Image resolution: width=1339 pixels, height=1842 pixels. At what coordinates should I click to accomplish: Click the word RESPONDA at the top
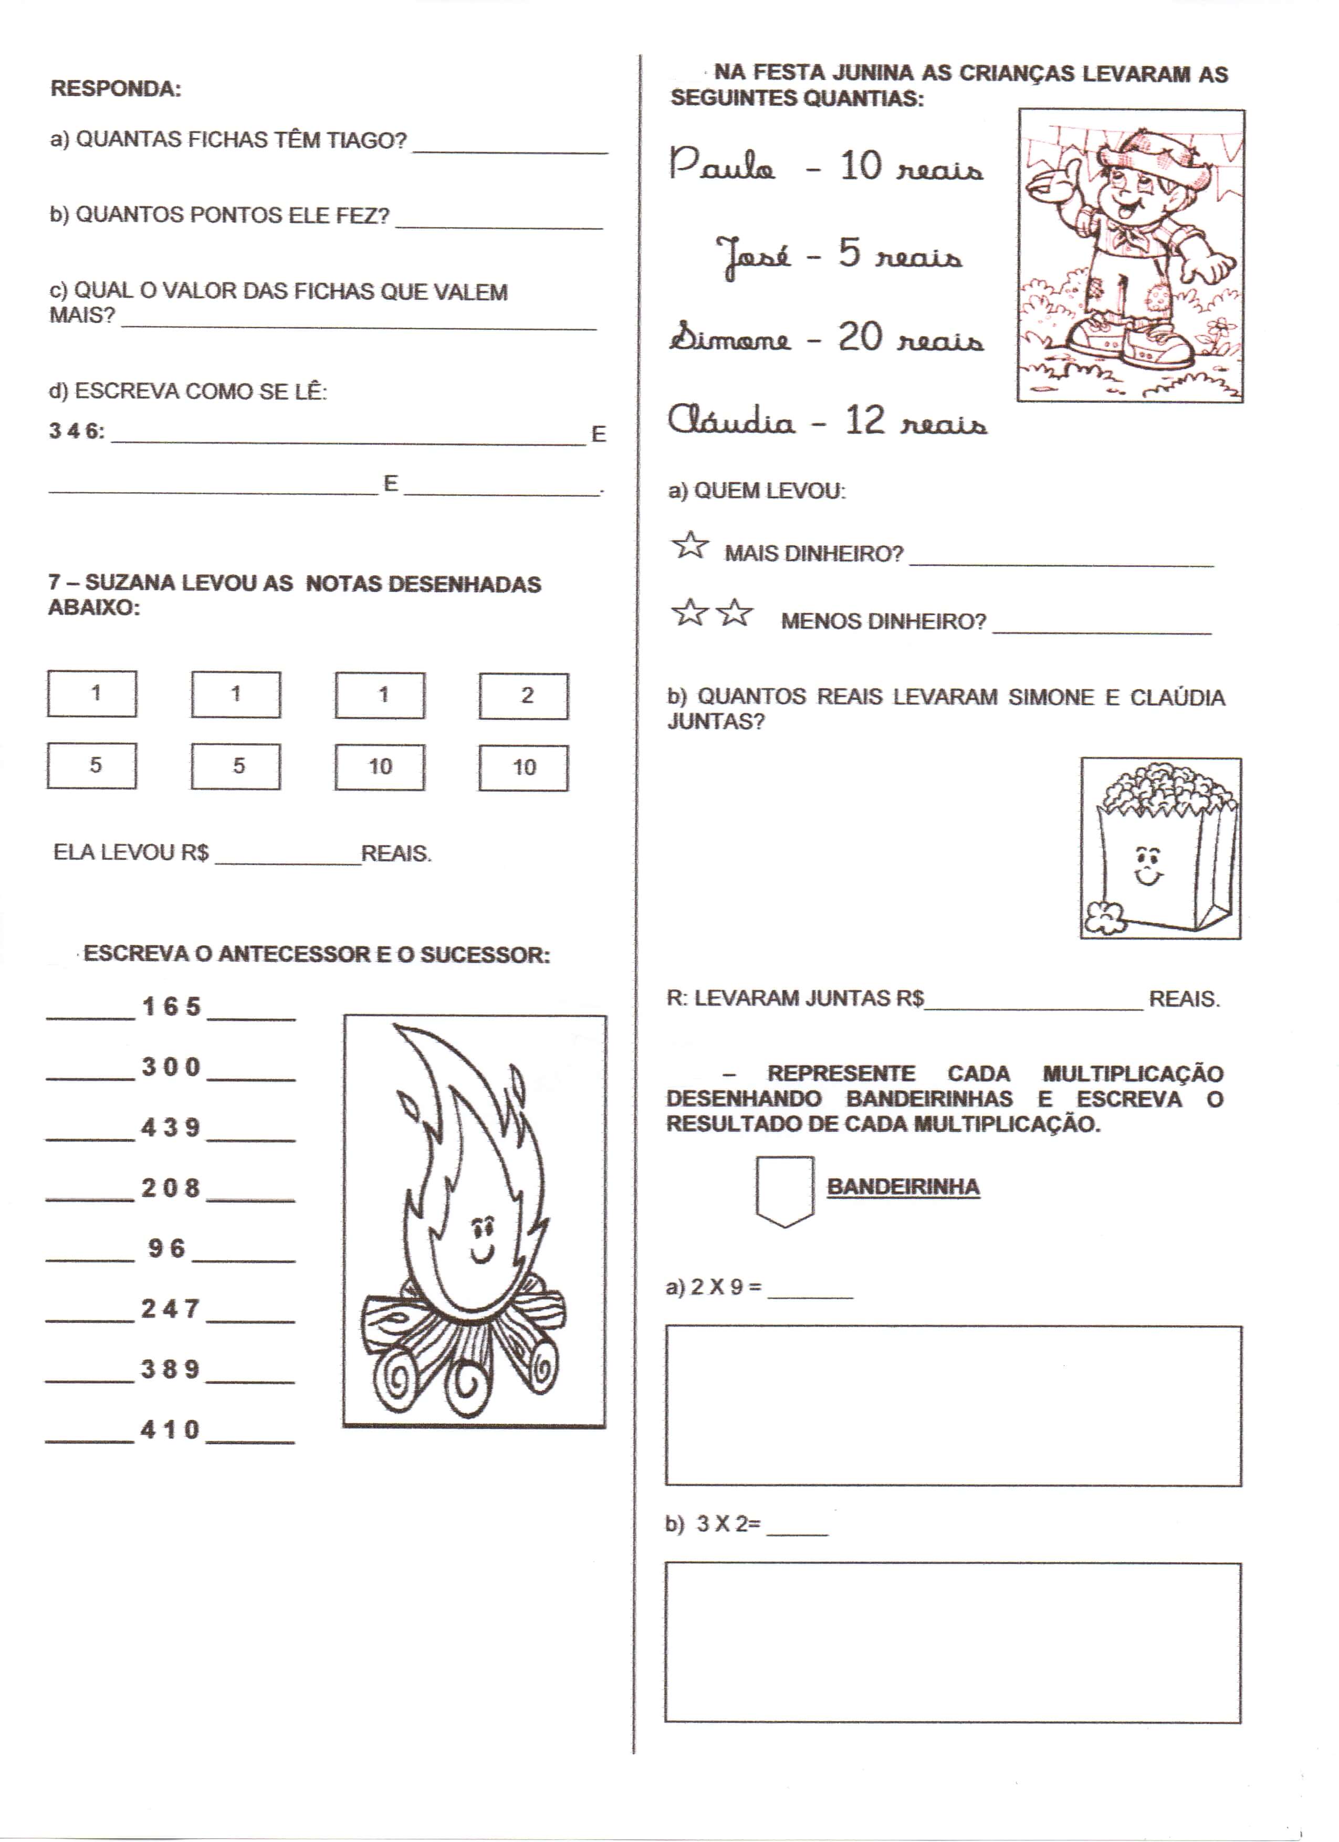pyautogui.click(x=116, y=89)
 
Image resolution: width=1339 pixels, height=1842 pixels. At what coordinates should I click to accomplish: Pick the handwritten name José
pyautogui.click(x=753, y=255)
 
